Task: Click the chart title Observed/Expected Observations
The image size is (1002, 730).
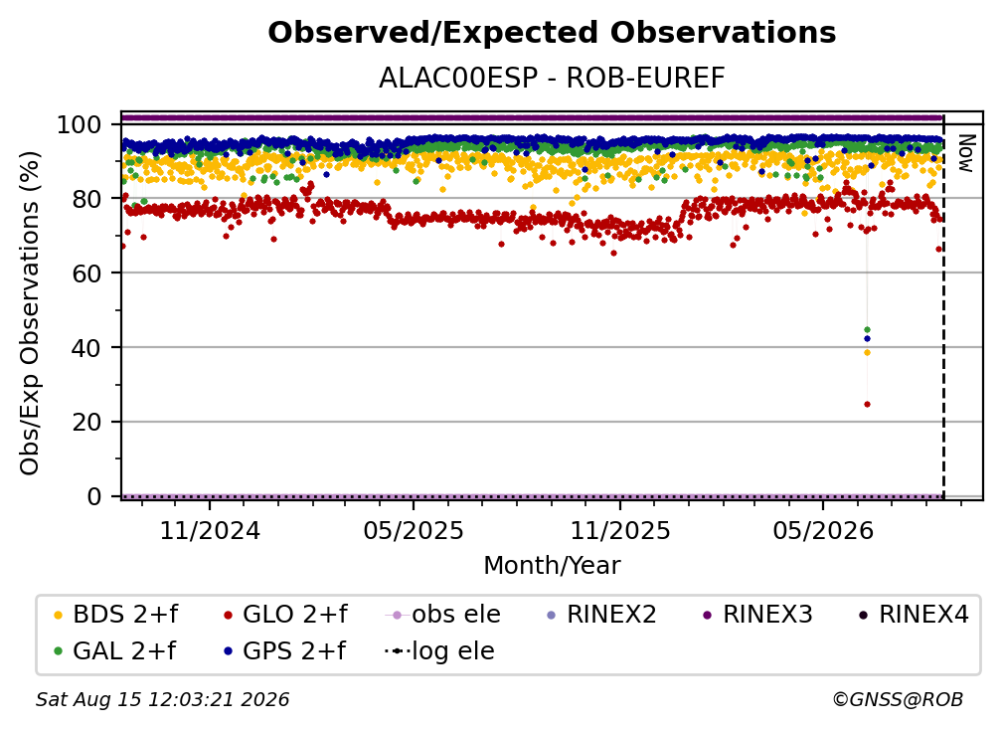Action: coord(552,33)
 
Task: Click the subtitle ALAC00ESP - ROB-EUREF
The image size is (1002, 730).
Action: coord(552,78)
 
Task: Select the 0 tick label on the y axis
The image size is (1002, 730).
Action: coord(94,496)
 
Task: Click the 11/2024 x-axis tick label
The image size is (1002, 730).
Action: coord(210,530)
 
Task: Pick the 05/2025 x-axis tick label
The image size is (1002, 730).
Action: coord(414,530)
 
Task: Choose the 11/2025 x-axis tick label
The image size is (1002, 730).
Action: coord(620,530)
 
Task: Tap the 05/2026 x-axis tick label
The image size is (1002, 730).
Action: coord(823,530)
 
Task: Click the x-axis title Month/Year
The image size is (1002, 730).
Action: coord(552,566)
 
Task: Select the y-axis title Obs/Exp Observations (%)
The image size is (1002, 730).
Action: coord(30,312)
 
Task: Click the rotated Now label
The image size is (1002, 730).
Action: coord(965,153)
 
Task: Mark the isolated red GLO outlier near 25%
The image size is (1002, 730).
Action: coord(867,404)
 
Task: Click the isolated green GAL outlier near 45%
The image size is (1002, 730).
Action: coord(867,330)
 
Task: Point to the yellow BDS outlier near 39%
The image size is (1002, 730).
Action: coord(867,353)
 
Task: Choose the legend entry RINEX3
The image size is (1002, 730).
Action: coord(758,615)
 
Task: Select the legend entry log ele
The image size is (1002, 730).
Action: coord(439,651)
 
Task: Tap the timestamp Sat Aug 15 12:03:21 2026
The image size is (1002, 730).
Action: coord(162,700)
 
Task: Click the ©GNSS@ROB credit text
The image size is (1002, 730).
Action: coord(898,700)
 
